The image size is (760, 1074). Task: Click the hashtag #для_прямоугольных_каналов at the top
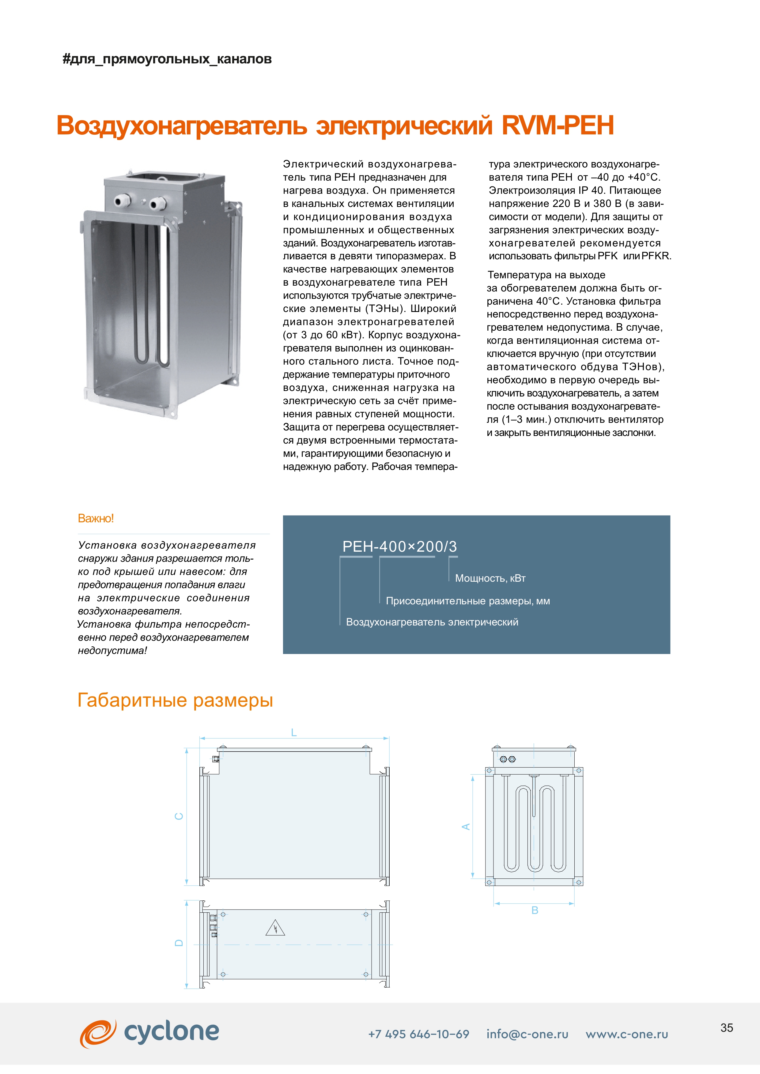pyautogui.click(x=167, y=59)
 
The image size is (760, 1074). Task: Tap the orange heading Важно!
pyautogui.click(x=96, y=518)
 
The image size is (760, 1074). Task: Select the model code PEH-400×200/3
pyautogui.click(x=400, y=546)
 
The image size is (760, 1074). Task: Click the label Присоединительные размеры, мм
pyautogui.click(x=467, y=601)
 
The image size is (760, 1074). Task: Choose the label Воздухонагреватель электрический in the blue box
pyautogui.click(x=432, y=622)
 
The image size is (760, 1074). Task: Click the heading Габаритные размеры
pyautogui.click(x=175, y=700)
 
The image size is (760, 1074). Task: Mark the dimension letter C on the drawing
pyautogui.click(x=179, y=816)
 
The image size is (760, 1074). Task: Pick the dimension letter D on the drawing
pyautogui.click(x=179, y=943)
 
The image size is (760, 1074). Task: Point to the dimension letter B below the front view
pyautogui.click(x=535, y=910)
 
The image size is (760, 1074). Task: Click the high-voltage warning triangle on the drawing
pyautogui.click(x=275, y=928)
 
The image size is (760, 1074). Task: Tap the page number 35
pyautogui.click(x=726, y=1028)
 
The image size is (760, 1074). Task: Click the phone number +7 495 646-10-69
pyautogui.click(x=418, y=1034)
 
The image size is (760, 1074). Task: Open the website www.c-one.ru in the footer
pyautogui.click(x=627, y=1034)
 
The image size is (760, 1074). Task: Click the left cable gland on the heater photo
pyautogui.click(x=120, y=202)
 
